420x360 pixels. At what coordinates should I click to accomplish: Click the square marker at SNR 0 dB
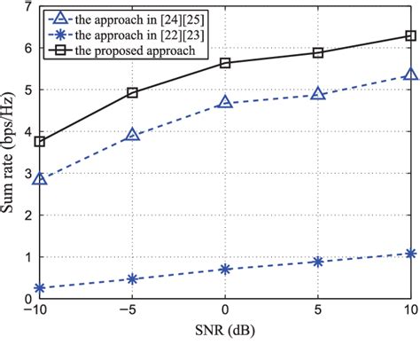(225, 63)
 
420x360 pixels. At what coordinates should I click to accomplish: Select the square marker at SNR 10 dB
(410, 36)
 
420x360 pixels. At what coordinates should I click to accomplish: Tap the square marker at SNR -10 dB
(39, 141)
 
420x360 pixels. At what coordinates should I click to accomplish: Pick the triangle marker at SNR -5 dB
(132, 135)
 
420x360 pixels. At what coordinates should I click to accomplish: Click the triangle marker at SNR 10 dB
(410, 75)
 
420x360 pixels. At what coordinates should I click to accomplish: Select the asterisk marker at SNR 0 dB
(225, 269)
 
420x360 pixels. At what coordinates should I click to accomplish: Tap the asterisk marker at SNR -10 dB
(39, 288)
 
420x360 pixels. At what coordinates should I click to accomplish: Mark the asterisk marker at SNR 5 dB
(318, 262)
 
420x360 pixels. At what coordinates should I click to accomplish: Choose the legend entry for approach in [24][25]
(133, 19)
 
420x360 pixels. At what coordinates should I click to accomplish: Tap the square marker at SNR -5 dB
(132, 92)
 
